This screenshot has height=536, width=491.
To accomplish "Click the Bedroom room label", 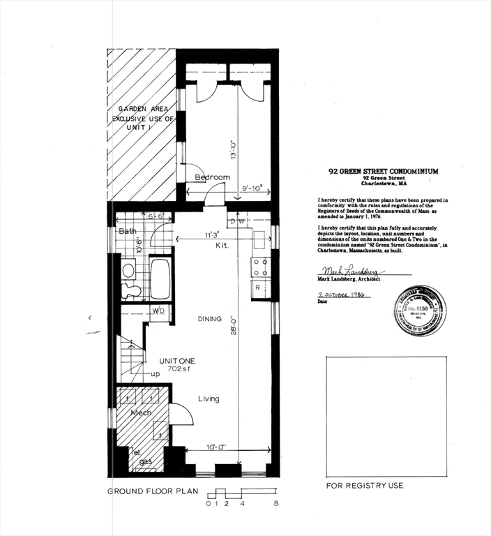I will tap(212, 177).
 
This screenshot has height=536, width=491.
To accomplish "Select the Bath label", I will tap(127, 230).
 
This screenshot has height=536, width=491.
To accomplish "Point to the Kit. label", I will tap(222, 246).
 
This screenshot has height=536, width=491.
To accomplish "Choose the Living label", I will tap(208, 399).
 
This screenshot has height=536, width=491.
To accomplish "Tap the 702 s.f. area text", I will tap(177, 369).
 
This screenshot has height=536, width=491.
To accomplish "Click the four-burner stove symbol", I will tap(260, 267).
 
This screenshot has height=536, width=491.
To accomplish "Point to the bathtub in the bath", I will tap(160, 279).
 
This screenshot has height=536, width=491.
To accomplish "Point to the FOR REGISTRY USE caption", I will tap(364, 485).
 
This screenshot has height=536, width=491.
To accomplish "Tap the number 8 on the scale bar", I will tap(276, 503).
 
